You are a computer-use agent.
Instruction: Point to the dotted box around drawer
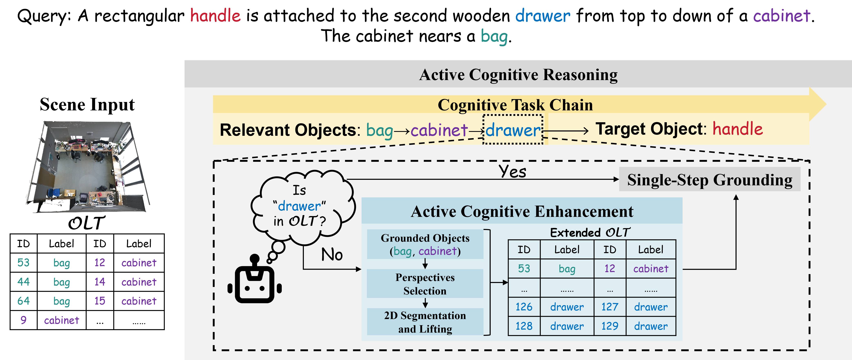513,129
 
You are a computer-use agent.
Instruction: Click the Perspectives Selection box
425,284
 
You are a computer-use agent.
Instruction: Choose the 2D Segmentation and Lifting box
425,322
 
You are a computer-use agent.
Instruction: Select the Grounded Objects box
425,245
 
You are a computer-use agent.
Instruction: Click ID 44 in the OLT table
24,282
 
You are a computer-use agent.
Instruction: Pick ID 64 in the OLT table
24,301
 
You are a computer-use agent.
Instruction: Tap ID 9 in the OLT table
24,320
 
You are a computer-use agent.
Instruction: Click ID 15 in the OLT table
100,301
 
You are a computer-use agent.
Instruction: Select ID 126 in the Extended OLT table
524,307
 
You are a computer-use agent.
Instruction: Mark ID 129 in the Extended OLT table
610,326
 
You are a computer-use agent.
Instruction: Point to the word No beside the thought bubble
332,255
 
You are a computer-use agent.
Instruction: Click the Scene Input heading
87,105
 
